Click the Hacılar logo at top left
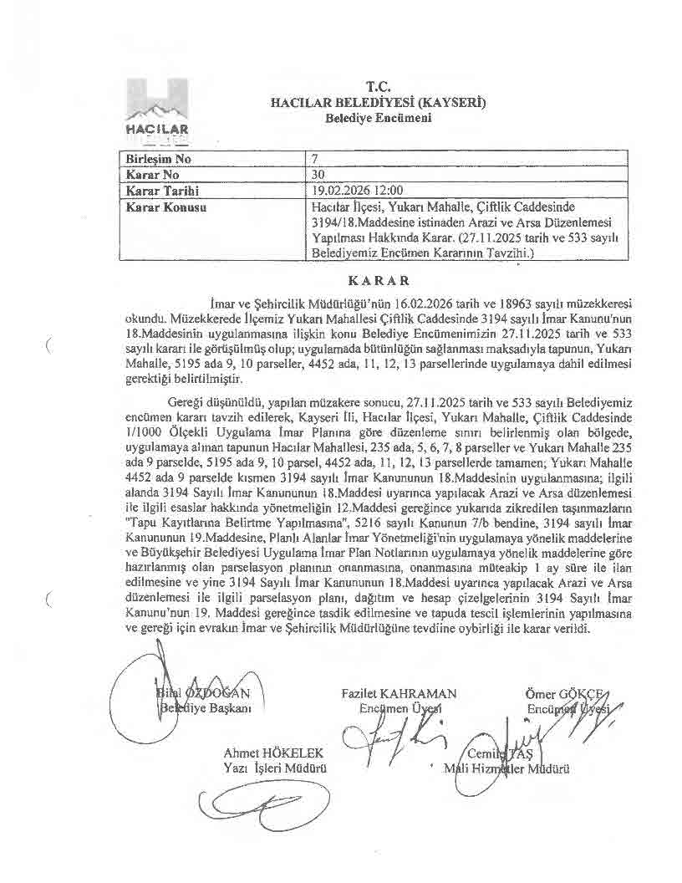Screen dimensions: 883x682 tap(158, 110)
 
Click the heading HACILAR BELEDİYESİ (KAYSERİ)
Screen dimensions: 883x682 tap(379, 103)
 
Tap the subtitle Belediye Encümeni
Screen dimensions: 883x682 tap(379, 119)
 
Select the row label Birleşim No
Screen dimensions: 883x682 tap(159, 160)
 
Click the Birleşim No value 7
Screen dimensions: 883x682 tap(314, 160)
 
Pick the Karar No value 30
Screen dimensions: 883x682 tap(318, 175)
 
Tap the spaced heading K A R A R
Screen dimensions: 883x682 tap(379, 280)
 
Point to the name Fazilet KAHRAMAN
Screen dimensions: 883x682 tap(399, 693)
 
